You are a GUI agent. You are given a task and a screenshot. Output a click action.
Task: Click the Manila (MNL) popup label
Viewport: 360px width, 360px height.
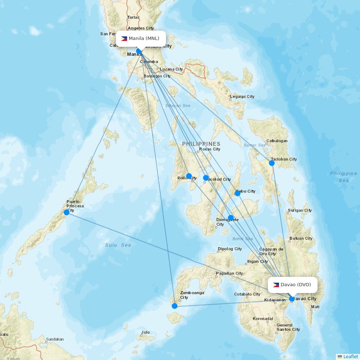click(141, 39)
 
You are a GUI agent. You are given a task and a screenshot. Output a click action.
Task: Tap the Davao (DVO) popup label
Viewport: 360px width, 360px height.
click(292, 285)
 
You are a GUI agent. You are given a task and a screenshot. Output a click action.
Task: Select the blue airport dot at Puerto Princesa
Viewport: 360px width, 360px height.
click(67, 212)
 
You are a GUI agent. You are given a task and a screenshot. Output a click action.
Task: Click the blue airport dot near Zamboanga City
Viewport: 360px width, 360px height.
click(175, 306)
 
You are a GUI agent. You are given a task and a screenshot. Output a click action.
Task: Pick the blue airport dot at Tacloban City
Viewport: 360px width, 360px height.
click(272, 163)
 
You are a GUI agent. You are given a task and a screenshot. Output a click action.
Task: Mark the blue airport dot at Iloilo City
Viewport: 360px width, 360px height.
click(189, 176)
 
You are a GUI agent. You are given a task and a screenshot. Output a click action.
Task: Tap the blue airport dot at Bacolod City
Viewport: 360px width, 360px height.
click(206, 178)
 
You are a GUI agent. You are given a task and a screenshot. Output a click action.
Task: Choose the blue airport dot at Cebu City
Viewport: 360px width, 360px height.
click(238, 193)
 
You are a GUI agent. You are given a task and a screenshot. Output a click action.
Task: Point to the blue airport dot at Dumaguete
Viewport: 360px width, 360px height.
click(231, 217)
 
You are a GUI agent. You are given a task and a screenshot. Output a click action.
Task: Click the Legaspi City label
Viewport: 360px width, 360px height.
click(242, 96)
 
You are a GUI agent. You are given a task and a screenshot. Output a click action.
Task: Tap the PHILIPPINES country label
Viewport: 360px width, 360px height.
click(201, 144)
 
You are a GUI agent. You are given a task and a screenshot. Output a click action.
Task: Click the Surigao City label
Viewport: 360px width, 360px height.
click(300, 210)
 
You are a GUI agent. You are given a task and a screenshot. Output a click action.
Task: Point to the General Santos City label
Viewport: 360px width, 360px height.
click(288, 327)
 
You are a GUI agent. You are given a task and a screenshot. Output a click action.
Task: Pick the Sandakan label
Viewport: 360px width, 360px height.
click(55, 339)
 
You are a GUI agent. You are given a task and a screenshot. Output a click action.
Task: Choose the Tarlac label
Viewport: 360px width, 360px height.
click(133, 17)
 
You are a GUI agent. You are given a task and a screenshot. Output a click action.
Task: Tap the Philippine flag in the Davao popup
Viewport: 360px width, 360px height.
click(276, 285)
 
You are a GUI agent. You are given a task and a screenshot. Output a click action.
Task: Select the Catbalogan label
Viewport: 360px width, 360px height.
click(277, 141)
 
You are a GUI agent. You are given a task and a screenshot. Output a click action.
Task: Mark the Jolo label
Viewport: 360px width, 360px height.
click(145, 333)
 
